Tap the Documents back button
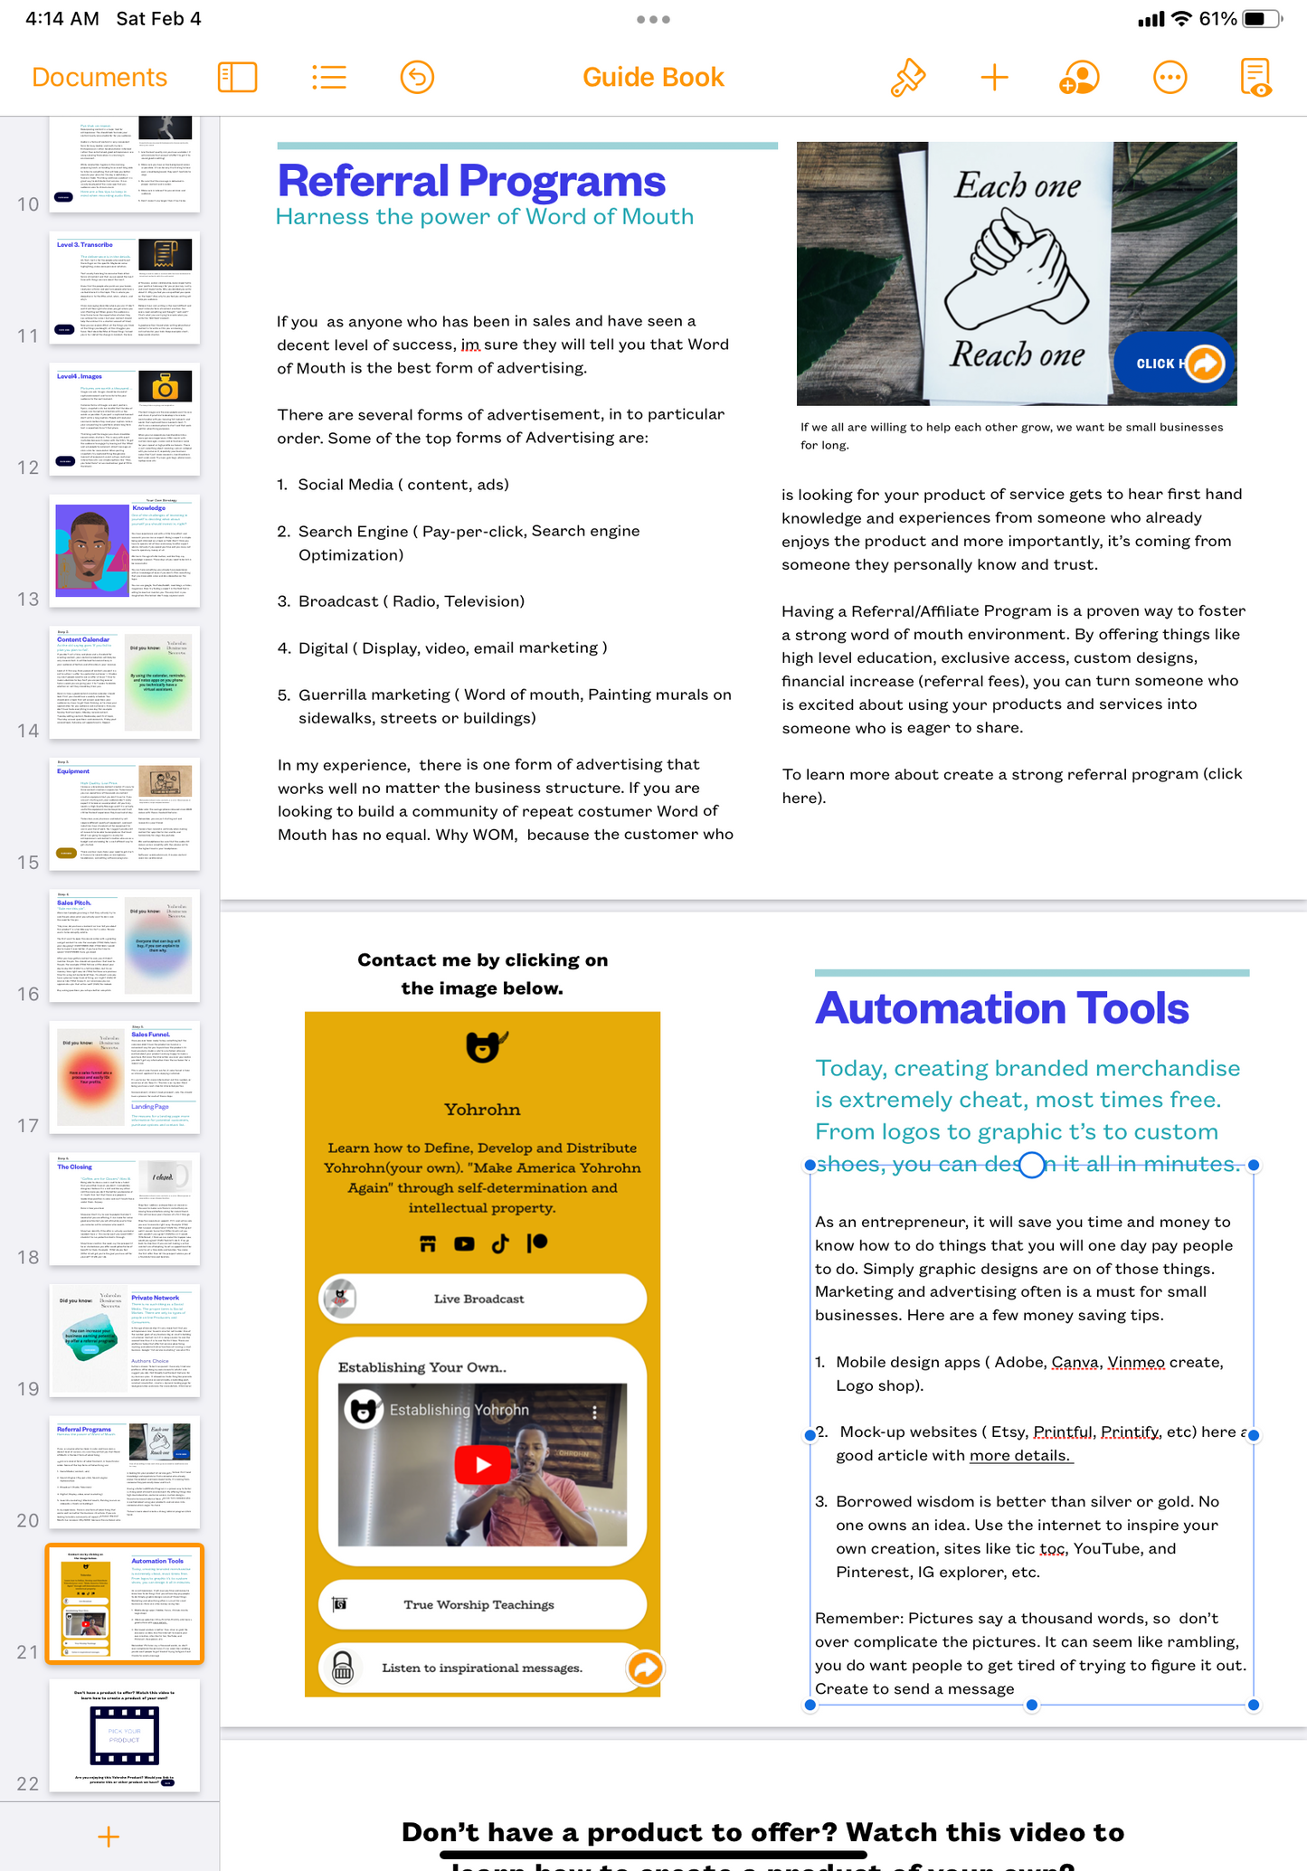tap(99, 78)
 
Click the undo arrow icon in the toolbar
tap(417, 78)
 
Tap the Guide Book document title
tap(653, 78)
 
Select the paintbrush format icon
tap(907, 78)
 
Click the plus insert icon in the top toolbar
tap(994, 78)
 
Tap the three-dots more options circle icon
tap(1170, 78)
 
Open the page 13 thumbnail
tap(124, 551)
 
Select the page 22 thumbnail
tap(124, 1735)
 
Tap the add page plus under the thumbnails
tap(109, 1837)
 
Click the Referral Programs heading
tap(471, 181)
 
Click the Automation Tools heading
tap(1001, 1008)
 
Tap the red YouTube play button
tap(482, 1464)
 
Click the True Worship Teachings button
tap(482, 1604)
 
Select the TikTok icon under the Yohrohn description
tap(500, 1243)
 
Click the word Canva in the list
tap(1075, 1362)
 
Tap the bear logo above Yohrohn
tap(483, 1047)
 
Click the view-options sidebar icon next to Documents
tap(238, 78)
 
